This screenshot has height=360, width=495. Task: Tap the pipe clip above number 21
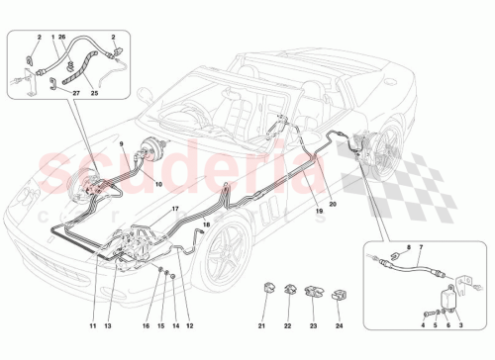coord(264,290)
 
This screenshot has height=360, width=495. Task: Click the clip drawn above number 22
coord(289,291)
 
